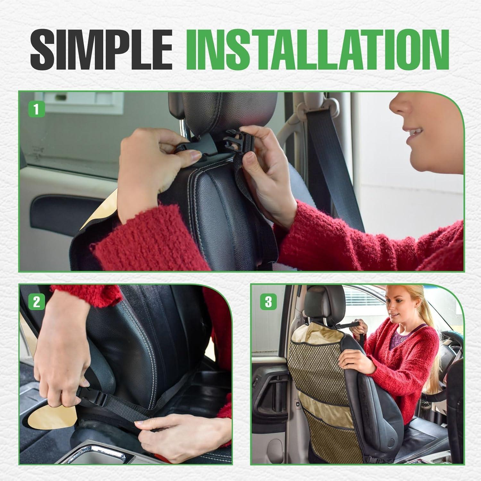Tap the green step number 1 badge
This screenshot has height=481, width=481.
[36, 109]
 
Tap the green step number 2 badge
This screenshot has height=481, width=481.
[36, 302]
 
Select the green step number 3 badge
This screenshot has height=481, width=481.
[268, 302]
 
